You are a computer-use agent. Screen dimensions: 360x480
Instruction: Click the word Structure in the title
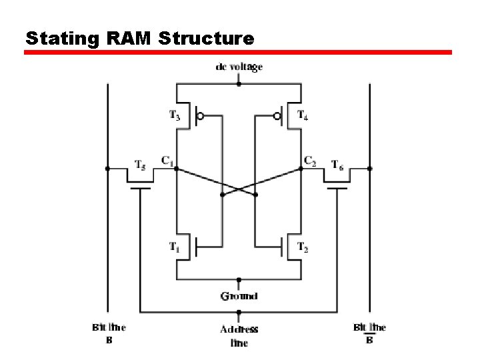click(x=207, y=39)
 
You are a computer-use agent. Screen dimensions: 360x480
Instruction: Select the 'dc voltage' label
click(x=239, y=67)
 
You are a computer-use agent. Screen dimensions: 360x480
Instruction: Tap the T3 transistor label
click(x=174, y=116)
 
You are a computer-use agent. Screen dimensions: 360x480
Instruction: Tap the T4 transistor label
click(x=302, y=116)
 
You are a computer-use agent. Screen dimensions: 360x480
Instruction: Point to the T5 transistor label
click(x=141, y=163)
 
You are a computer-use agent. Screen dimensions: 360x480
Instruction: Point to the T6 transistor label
click(x=337, y=163)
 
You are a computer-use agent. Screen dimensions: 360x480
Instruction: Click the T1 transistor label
click(x=174, y=247)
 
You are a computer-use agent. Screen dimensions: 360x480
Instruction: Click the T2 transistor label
click(x=302, y=247)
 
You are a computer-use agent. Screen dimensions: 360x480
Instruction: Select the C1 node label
click(x=167, y=160)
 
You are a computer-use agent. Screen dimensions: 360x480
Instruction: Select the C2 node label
click(x=309, y=160)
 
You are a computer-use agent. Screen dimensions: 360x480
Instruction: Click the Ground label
click(x=239, y=296)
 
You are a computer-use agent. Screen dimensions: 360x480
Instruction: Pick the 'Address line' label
click(x=239, y=335)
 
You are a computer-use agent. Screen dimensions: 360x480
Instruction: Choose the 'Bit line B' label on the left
click(x=109, y=333)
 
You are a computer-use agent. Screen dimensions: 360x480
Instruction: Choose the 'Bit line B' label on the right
click(x=369, y=333)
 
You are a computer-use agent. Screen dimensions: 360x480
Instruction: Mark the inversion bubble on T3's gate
click(x=201, y=116)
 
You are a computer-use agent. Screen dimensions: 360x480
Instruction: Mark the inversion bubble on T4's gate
click(x=277, y=116)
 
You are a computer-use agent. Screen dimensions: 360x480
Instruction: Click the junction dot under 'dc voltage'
click(x=239, y=85)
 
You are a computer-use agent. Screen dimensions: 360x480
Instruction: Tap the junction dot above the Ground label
click(x=239, y=279)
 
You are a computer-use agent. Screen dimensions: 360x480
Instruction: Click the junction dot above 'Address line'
click(x=239, y=312)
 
